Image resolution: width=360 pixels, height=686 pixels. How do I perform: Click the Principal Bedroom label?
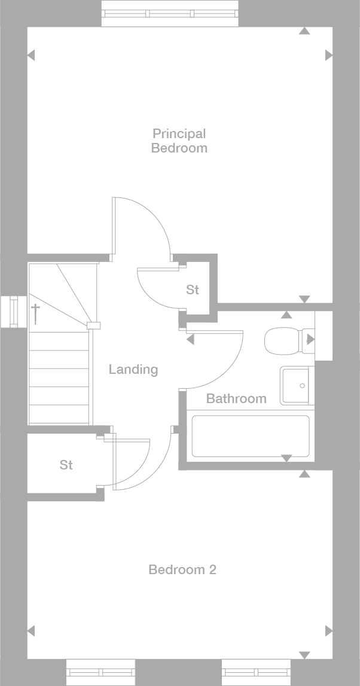tap(179, 141)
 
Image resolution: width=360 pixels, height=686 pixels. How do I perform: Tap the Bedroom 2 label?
tap(182, 570)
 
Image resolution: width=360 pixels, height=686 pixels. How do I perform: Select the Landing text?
tap(133, 370)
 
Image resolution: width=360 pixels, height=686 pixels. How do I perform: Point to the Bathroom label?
tap(236, 398)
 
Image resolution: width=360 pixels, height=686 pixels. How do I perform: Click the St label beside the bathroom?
tap(192, 290)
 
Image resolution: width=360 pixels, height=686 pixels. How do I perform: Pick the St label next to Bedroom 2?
tap(66, 465)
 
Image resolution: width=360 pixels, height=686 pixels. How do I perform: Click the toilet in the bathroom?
tap(283, 340)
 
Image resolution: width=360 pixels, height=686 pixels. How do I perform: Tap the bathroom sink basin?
tap(295, 386)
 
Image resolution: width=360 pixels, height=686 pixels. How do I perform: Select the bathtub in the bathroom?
tap(251, 436)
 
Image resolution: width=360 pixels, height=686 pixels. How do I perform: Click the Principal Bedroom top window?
tap(170, 13)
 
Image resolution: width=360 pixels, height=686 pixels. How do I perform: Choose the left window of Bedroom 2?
tap(100, 672)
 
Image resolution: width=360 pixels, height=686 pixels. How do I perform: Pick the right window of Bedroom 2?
tap(256, 672)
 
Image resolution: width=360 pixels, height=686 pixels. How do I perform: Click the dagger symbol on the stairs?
tap(36, 313)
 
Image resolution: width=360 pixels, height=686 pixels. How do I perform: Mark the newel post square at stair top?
tap(93, 325)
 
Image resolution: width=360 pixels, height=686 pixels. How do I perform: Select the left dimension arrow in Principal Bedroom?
tap(31, 56)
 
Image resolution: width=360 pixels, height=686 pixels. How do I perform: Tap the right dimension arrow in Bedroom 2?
tap(328, 631)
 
